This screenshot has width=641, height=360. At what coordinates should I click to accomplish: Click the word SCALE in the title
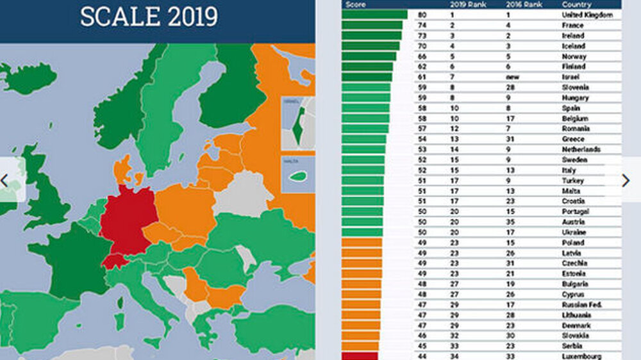(x=120, y=17)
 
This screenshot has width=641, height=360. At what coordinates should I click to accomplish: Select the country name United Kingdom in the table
(x=587, y=15)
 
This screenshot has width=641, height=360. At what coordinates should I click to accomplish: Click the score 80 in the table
(x=422, y=15)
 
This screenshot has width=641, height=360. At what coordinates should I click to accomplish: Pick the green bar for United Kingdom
(x=374, y=15)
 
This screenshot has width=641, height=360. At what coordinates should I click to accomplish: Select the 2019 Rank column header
(x=468, y=4)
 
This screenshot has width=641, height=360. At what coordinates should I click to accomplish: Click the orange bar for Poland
(x=362, y=243)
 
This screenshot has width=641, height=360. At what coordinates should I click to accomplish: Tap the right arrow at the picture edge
(x=626, y=181)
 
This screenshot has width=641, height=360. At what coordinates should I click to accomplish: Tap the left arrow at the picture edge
(x=5, y=181)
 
